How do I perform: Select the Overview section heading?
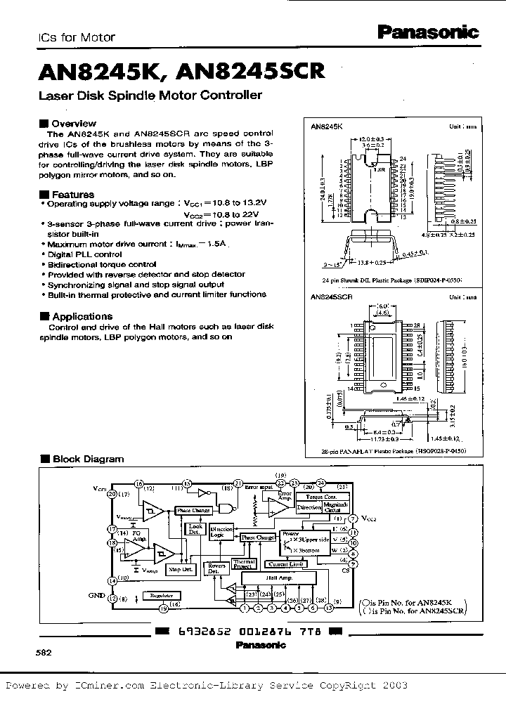pos(74,123)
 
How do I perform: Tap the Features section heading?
pos(72,194)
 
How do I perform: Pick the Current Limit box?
pos(287,563)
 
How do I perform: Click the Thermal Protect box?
pos(244,564)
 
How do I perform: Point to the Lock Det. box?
pos(195,528)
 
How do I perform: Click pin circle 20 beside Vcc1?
pos(111,494)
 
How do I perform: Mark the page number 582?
pos(44,652)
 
